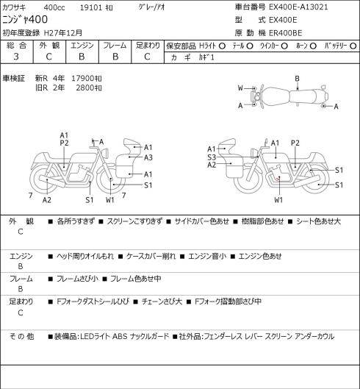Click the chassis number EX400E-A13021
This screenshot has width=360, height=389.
click(298, 7)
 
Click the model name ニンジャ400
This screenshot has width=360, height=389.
click(25, 20)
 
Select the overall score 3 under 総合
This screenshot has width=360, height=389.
click(16, 57)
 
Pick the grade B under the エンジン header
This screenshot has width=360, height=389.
click(82, 57)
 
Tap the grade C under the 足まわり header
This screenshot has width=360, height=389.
click(147, 57)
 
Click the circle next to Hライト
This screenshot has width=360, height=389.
click(222, 46)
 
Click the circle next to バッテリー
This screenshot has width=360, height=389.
click(353, 46)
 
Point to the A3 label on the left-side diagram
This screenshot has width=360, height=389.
click(148, 157)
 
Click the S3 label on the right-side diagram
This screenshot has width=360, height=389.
click(212, 157)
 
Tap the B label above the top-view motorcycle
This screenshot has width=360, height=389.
click(298, 79)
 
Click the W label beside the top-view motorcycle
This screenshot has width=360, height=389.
click(240, 88)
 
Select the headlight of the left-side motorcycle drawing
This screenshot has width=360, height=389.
click(106, 152)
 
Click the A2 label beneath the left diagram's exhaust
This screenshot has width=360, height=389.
click(47, 200)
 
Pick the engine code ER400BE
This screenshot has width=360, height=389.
click(285, 33)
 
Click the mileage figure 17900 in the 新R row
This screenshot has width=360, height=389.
click(82, 79)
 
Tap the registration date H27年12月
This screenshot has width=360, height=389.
click(63, 33)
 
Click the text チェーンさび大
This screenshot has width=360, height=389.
click(162, 301)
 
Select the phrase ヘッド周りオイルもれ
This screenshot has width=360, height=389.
click(85, 256)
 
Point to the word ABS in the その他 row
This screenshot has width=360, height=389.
click(120, 337)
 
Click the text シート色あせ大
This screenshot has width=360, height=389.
click(319, 221)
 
